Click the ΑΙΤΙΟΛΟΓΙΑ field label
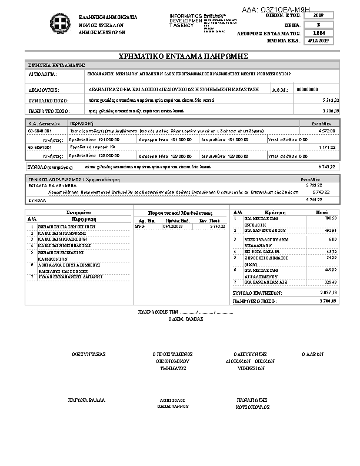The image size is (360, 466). click(43, 75)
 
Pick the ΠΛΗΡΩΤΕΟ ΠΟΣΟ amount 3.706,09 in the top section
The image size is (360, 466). click(331, 111)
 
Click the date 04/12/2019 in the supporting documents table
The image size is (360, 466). click(173, 226)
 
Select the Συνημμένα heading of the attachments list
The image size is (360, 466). click(78, 212)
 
